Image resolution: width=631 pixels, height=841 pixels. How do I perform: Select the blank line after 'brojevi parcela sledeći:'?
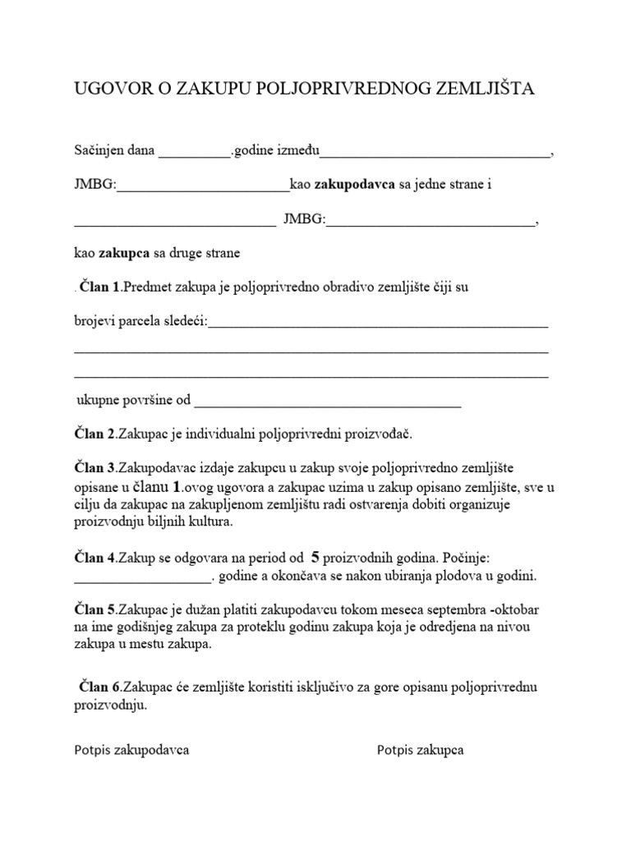pos(378,323)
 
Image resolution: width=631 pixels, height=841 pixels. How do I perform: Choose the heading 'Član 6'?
pos(101,686)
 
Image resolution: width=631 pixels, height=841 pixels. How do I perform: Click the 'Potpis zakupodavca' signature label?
pos(132,750)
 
